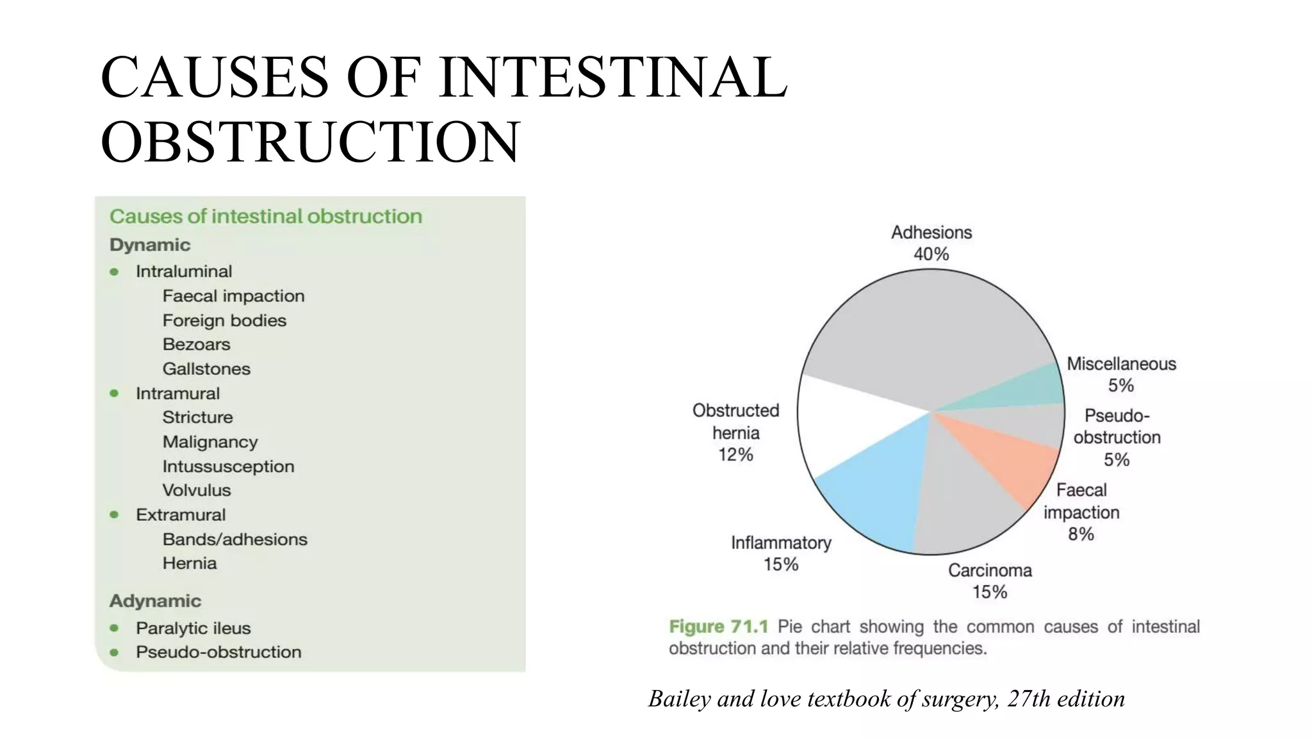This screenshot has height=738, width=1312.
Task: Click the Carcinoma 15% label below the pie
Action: click(990, 580)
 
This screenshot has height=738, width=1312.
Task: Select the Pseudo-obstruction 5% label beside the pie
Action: click(1117, 437)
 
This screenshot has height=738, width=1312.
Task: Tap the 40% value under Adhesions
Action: click(931, 254)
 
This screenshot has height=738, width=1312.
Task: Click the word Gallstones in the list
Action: click(206, 369)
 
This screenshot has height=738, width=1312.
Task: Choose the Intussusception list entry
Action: click(228, 466)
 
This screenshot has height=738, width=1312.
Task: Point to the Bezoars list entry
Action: click(196, 345)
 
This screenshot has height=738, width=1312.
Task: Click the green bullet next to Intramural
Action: click(114, 393)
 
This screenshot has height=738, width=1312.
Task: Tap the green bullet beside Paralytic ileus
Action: click(114, 628)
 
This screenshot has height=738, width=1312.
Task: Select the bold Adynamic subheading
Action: click(155, 601)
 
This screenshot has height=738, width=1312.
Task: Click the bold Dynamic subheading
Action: click(150, 245)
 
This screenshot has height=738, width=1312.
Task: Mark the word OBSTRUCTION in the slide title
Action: click(310, 142)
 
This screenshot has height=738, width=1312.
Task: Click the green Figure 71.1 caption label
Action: click(718, 626)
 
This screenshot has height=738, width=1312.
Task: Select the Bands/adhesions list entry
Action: click(234, 539)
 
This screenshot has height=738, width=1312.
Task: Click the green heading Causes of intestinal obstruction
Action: click(266, 217)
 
